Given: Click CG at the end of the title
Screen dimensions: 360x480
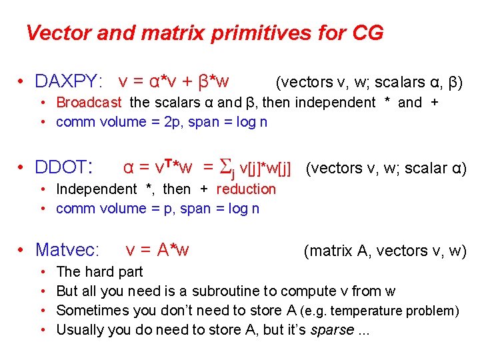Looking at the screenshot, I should pyautogui.click(x=368, y=33).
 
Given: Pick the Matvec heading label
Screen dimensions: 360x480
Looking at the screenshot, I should pyautogui.click(x=67, y=250).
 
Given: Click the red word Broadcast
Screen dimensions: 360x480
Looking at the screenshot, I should pyautogui.click(x=89, y=102).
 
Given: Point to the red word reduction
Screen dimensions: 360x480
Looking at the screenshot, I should pyautogui.click(x=246, y=189).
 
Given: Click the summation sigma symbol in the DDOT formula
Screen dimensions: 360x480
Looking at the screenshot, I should pyautogui.click(x=227, y=167).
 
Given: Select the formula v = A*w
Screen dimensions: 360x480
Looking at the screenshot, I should pyautogui.click(x=157, y=250).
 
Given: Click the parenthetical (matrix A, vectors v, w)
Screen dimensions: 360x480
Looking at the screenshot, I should pyautogui.click(x=385, y=251).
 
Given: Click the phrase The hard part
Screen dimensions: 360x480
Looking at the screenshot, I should pyautogui.click(x=99, y=271).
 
